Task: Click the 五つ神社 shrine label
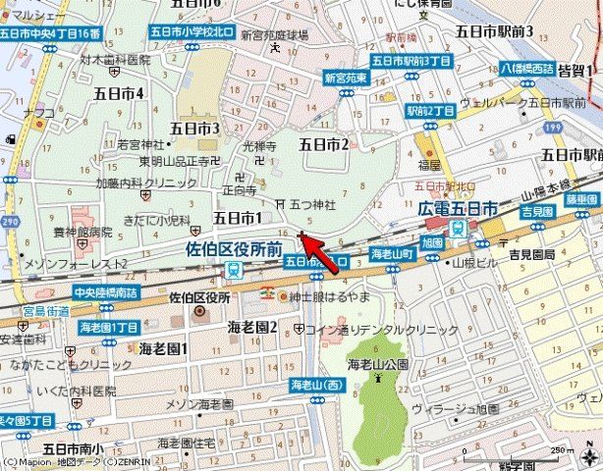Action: pyautogui.click(x=312, y=204)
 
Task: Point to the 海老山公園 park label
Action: pyautogui.click(x=376, y=365)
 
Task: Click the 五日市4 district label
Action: pyautogui.click(x=118, y=93)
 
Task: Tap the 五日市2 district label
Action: pyautogui.click(x=324, y=144)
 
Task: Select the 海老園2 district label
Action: pyautogui.click(x=252, y=326)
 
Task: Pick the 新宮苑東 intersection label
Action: pyautogui.click(x=346, y=77)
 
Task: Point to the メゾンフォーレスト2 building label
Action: pyautogui.click(x=76, y=264)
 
